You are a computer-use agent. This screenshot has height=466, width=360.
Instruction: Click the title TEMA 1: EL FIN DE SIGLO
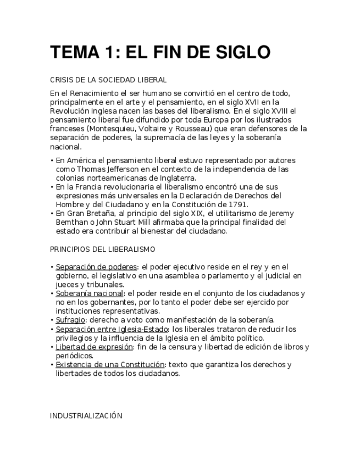click(160, 52)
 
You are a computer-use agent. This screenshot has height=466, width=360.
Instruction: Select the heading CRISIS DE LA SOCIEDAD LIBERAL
click(108, 80)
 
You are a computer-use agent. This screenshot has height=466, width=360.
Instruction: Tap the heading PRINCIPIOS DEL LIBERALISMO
click(102, 249)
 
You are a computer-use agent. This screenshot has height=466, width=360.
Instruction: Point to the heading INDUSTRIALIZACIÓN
click(86, 416)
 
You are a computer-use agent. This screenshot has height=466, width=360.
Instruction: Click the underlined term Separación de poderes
click(96, 267)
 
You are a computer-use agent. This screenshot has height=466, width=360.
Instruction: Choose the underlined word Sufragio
click(70, 320)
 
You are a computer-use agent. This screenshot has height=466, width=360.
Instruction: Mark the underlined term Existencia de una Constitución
click(110, 364)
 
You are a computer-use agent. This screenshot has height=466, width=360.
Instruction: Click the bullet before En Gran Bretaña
click(52, 214)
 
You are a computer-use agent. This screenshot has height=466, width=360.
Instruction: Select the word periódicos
click(74, 356)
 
